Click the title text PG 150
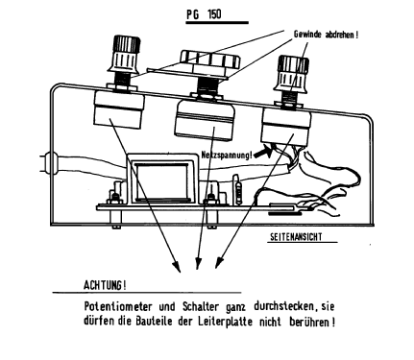pyautogui.click(x=204, y=14)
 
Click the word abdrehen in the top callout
pyautogui.click(x=339, y=35)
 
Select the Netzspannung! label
pyautogui.click(x=227, y=155)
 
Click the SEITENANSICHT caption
pyautogui.click(x=296, y=237)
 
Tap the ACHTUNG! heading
pyautogui.click(x=105, y=285)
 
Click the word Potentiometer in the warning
pyautogui.click(x=118, y=306)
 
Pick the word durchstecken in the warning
pyautogui.click(x=283, y=306)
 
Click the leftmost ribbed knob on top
pyautogui.click(x=125, y=54)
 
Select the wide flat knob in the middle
pyautogui.click(x=209, y=60)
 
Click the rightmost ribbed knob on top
pyautogui.click(x=292, y=73)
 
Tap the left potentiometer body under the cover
pyautogui.click(x=118, y=108)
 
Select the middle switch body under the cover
pyautogui.click(x=206, y=119)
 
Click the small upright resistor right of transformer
pyautogui.click(x=237, y=189)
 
